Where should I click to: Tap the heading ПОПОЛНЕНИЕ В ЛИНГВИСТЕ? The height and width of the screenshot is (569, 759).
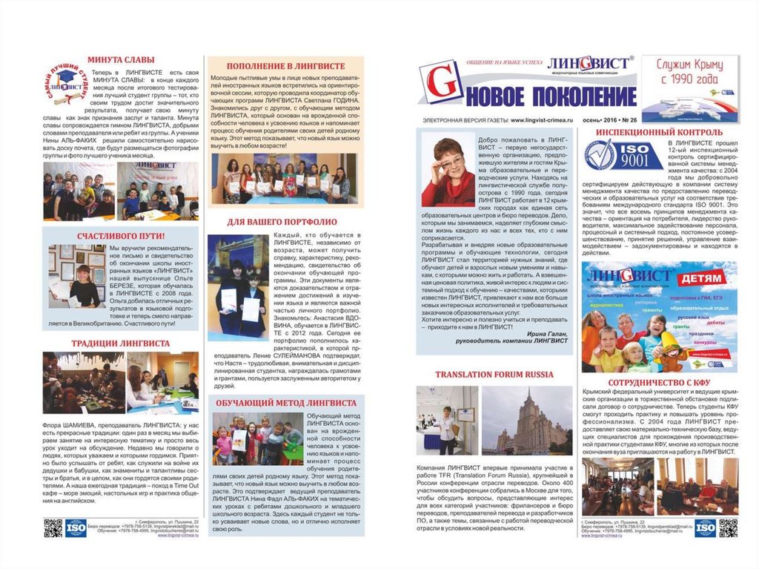point(284,65)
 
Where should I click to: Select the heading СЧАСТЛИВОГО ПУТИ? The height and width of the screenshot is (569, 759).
point(120,237)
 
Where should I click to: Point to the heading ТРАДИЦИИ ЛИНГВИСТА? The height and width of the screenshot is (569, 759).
point(120,343)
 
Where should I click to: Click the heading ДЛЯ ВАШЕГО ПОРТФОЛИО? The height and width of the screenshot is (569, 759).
point(285,222)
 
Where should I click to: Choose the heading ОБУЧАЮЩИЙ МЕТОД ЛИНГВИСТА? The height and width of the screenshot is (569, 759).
point(285,403)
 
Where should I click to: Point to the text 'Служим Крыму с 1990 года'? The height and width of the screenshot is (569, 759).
point(689,73)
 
